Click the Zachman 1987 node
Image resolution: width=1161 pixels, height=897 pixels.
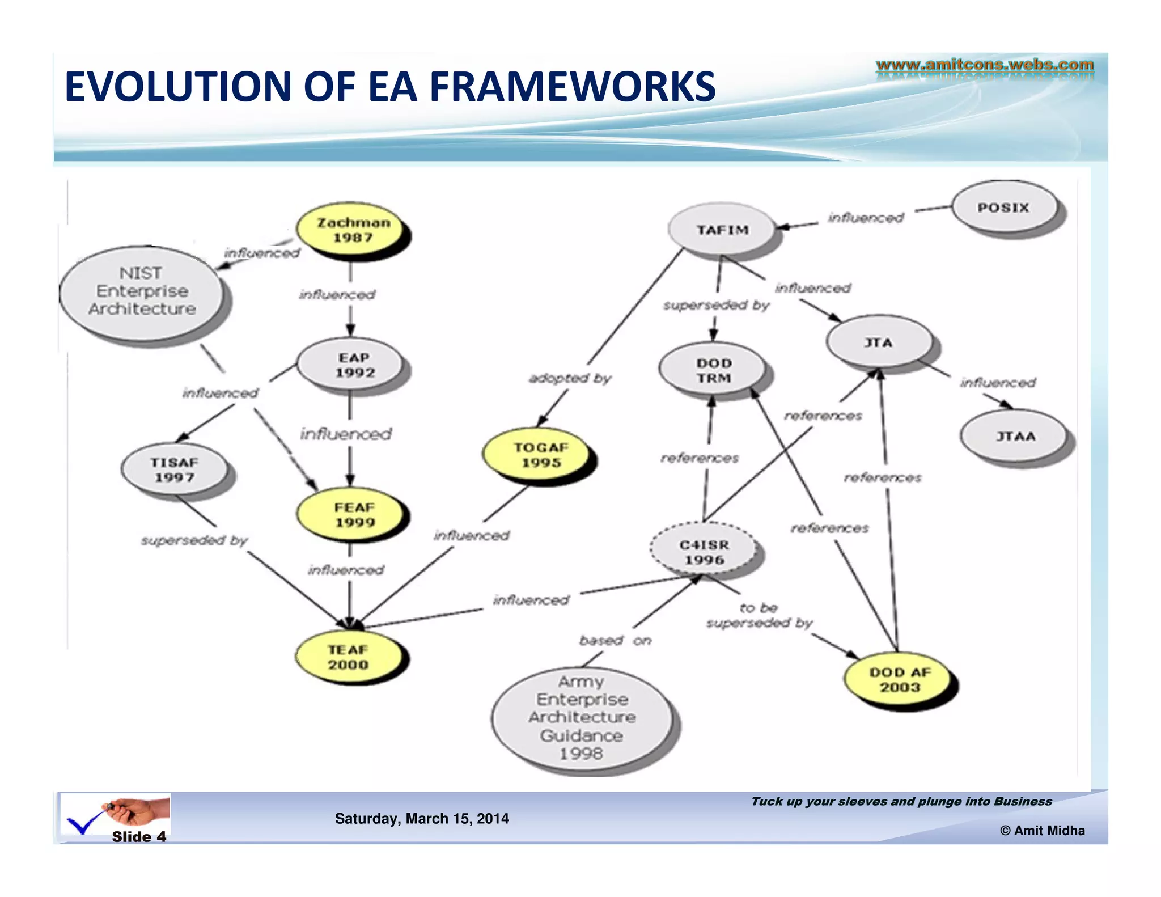tap(352, 230)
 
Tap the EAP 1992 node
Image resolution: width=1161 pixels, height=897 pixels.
tap(353, 365)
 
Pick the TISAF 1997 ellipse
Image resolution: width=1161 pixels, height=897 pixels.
tap(175, 469)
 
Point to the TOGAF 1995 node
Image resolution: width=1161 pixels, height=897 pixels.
tap(540, 455)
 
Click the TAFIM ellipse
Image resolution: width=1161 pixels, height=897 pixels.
tap(722, 230)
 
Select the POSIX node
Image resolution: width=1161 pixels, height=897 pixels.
tap(1003, 208)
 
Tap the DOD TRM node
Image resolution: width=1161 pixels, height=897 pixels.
tap(713, 370)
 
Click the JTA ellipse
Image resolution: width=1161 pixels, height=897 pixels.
tap(878, 342)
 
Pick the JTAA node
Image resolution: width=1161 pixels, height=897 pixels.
tap(1015, 437)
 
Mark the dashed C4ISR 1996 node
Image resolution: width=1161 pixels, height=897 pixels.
tap(704, 552)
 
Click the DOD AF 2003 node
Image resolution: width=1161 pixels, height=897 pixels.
tap(900, 679)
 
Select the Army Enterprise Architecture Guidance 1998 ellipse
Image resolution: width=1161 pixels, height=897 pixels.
tap(582, 718)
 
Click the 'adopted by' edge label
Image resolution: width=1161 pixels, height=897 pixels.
tap(570, 378)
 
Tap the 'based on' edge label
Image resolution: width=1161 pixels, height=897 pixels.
tap(615, 641)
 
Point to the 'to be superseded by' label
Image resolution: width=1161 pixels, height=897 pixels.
tap(759, 616)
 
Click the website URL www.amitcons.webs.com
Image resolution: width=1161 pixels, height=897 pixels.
tap(985, 65)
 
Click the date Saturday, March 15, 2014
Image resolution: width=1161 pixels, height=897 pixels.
tap(422, 818)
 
